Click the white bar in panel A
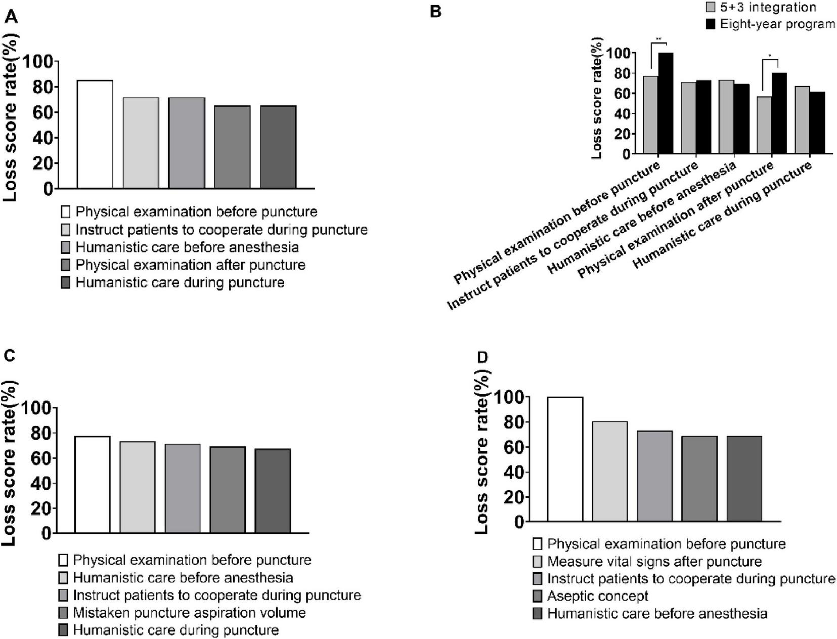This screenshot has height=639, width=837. pos(95,134)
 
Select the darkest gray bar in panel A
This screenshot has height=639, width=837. pos(278,147)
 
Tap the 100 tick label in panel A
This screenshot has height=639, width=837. pos(36,62)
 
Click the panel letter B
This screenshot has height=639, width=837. pos(435,12)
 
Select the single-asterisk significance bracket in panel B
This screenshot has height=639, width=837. pos(770,61)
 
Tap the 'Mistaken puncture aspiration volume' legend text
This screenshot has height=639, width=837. pos(189,613)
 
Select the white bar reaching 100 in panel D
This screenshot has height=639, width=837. pos(565,459)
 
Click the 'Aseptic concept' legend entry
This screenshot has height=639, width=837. pos(597,596)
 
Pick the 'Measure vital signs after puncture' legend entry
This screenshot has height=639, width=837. pos(654,562)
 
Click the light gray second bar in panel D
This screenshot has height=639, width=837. pos(610,471)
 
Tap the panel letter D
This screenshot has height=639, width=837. pos(482,358)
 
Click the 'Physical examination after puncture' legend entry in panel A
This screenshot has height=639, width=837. pos(190,265)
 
